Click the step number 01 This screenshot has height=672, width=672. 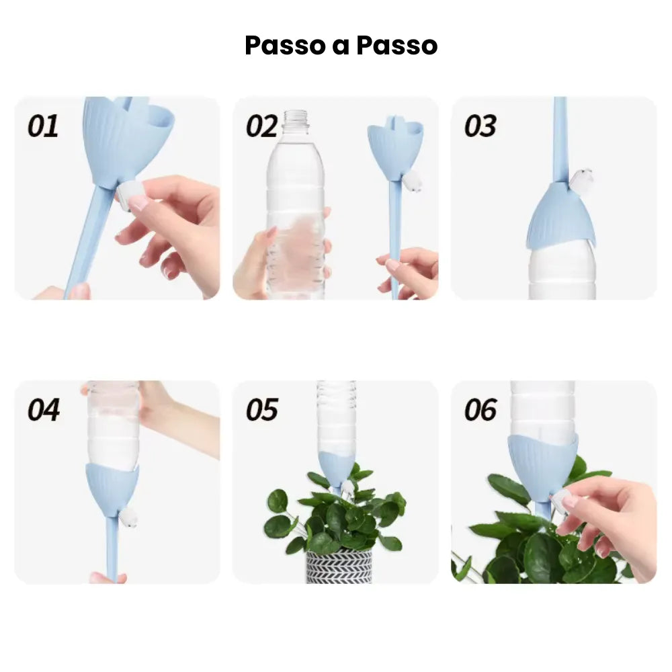(x=43, y=126)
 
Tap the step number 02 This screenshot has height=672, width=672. (x=261, y=126)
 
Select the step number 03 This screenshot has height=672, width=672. (x=480, y=126)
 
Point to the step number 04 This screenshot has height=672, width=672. (x=43, y=409)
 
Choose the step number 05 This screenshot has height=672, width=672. (x=261, y=409)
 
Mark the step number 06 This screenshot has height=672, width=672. (x=480, y=409)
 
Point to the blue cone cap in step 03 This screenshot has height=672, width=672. (x=560, y=215)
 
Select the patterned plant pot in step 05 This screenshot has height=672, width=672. (x=339, y=566)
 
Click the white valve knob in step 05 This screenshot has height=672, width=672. (x=347, y=487)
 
